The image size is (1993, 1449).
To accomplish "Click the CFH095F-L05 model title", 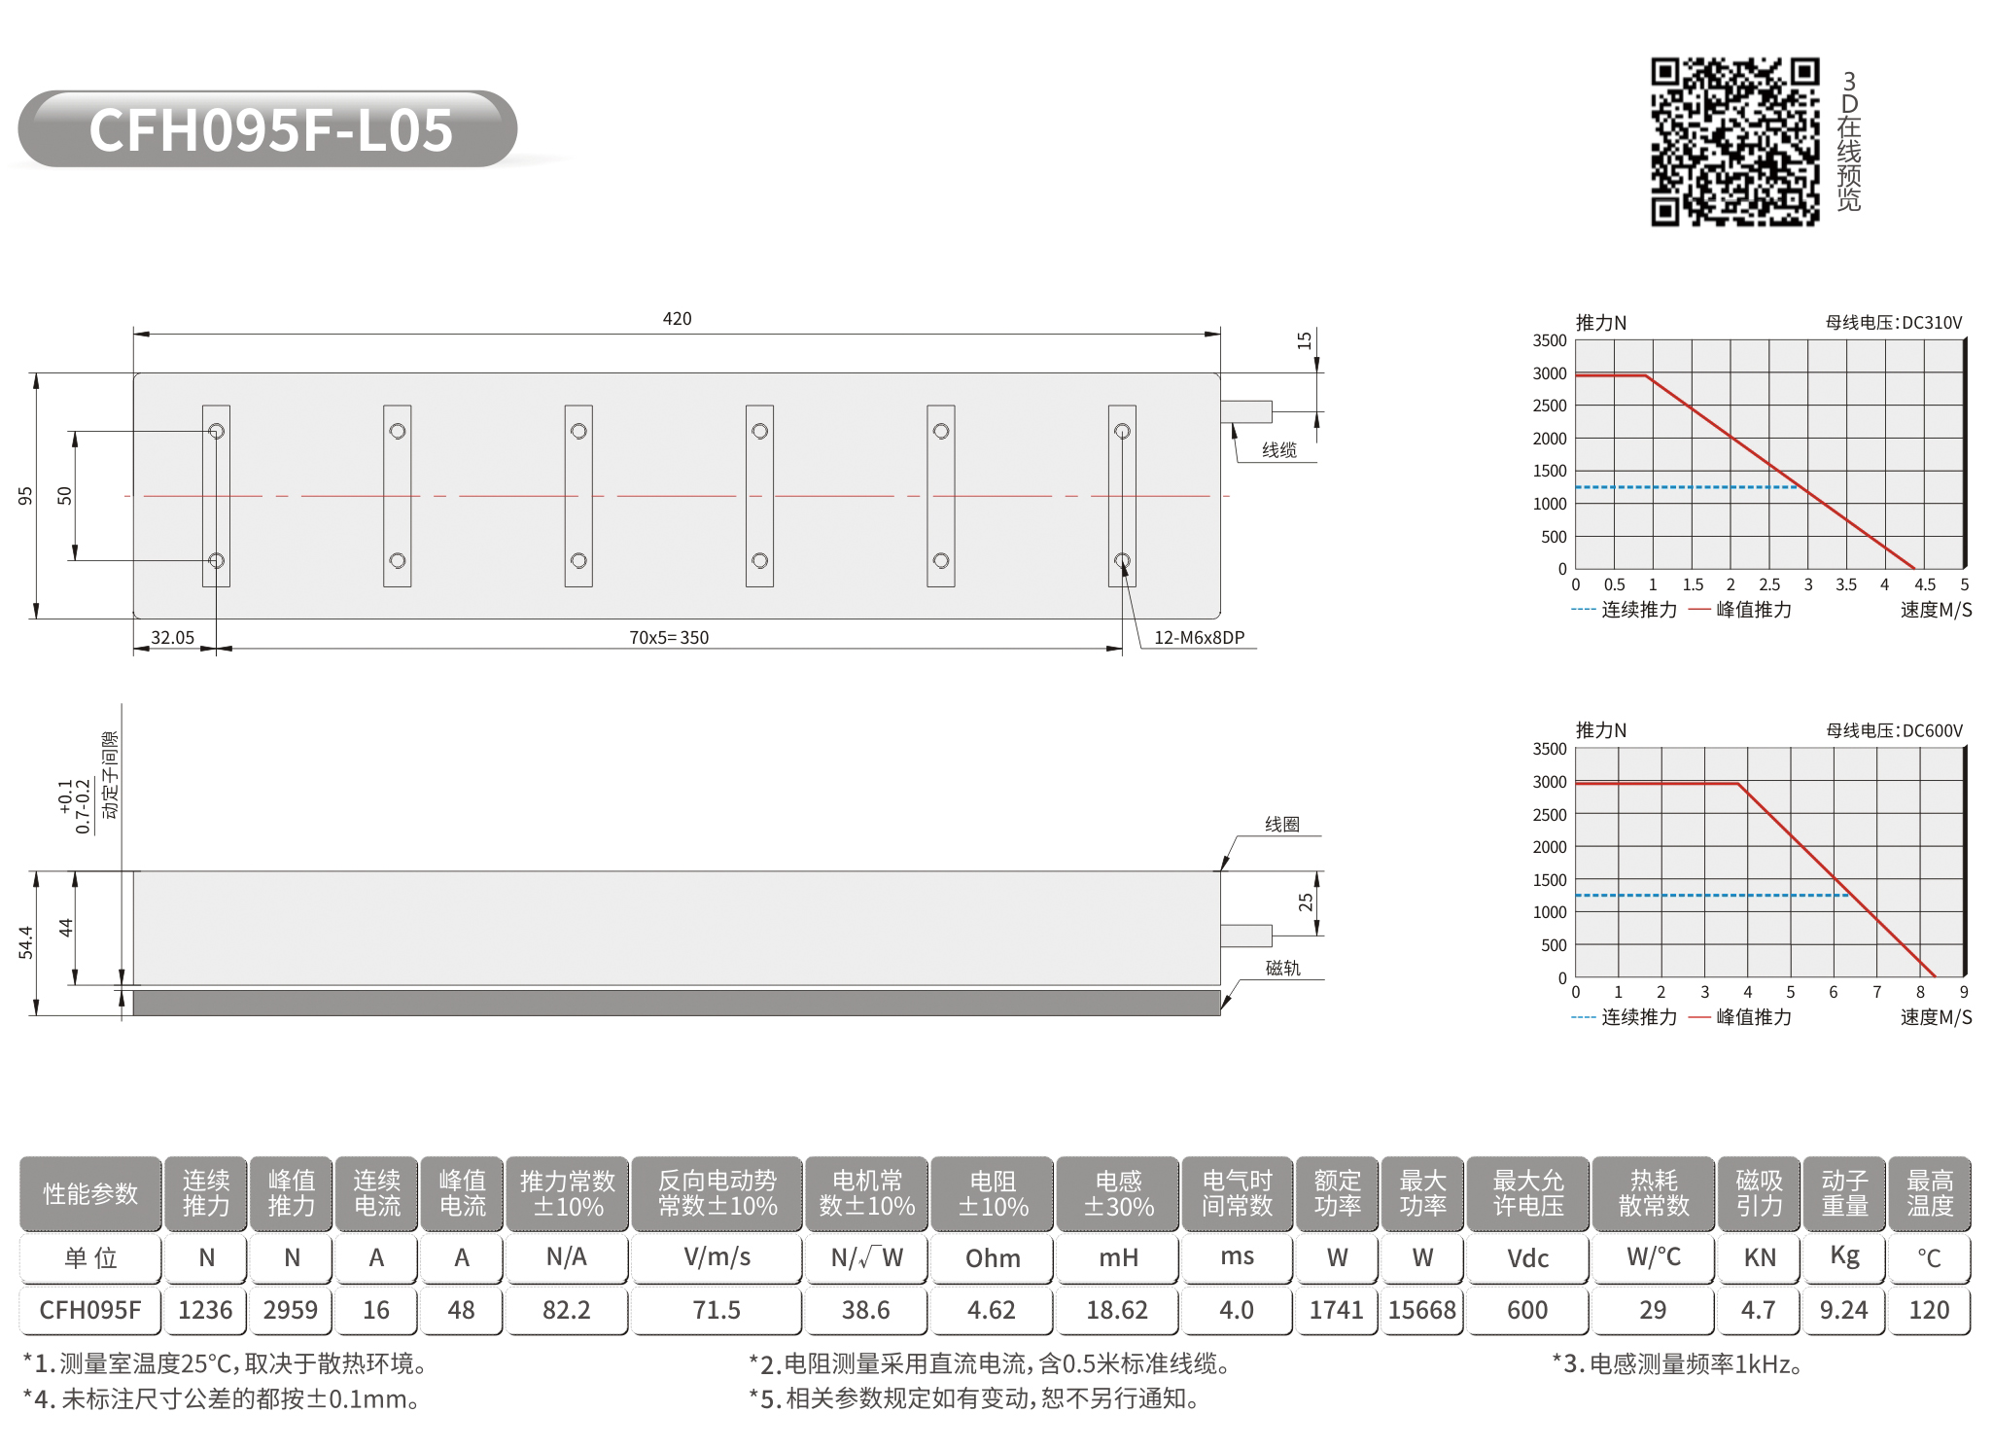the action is pos(271,129).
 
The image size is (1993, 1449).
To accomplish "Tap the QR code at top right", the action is pos(1734,142).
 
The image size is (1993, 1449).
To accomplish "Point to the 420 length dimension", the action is pos(677,319).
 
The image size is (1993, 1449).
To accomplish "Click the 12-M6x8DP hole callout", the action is pos(1199,638).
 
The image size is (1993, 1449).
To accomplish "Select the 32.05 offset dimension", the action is pos(172,638).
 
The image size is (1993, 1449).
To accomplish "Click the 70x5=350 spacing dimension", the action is pos(669,638).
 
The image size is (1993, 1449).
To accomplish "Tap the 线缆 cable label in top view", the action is pos(1279,450).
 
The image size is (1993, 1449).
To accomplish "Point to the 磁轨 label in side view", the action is pos(1282,968).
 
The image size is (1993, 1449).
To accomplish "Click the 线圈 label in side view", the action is pos(1282,825).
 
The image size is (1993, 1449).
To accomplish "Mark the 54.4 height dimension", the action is pos(25,942).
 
